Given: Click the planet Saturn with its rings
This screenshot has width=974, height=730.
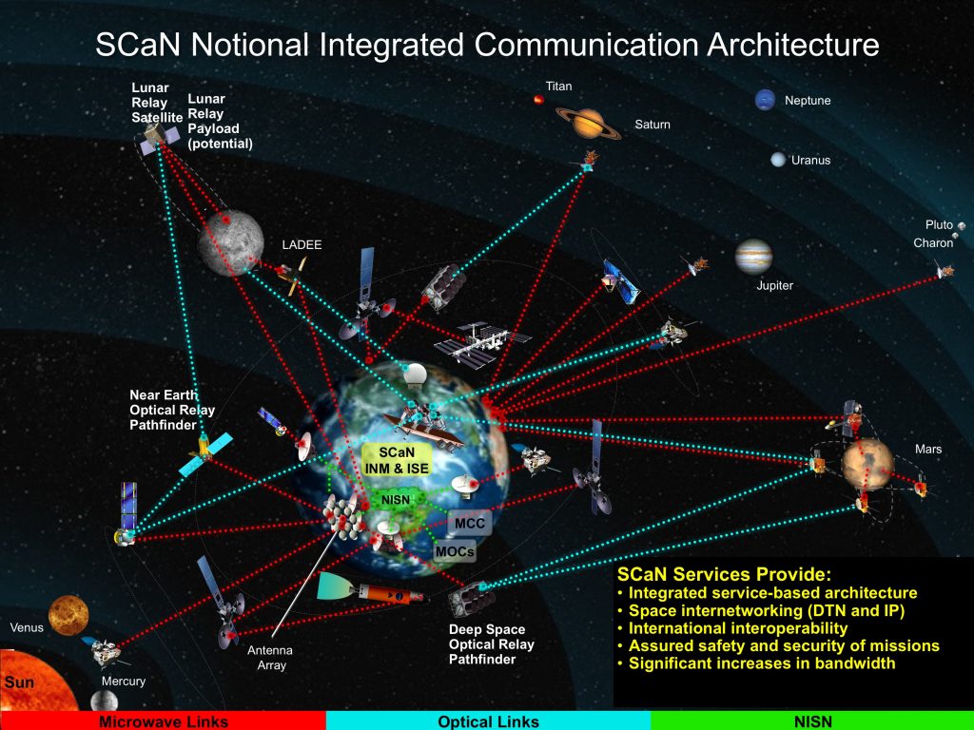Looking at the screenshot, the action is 588,123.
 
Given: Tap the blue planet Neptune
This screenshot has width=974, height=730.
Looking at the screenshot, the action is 765,100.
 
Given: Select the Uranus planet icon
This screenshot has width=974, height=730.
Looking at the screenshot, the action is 778,160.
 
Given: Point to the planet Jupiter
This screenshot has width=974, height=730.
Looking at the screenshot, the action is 753,257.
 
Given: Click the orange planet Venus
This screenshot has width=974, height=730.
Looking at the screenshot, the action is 68,615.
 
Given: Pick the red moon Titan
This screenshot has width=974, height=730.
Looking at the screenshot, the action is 538,99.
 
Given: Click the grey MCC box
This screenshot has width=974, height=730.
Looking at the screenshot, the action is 470,524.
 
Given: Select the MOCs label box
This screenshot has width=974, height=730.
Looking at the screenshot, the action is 455,551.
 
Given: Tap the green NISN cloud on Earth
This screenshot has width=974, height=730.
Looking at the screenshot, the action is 396,500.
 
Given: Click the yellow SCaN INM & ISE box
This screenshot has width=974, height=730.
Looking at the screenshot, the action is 397,460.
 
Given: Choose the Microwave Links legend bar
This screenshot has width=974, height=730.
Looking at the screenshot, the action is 163,720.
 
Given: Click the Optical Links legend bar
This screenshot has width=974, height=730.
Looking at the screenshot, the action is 488,720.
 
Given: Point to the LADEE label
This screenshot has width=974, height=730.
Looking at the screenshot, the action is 302,245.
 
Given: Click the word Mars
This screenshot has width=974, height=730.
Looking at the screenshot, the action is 928,449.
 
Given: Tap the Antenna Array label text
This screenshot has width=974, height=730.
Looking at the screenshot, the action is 269,658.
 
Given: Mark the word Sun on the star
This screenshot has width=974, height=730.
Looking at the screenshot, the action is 19,682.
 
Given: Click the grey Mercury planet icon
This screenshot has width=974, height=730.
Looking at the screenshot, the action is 104,701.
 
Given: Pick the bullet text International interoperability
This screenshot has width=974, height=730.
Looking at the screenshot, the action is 737,628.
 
